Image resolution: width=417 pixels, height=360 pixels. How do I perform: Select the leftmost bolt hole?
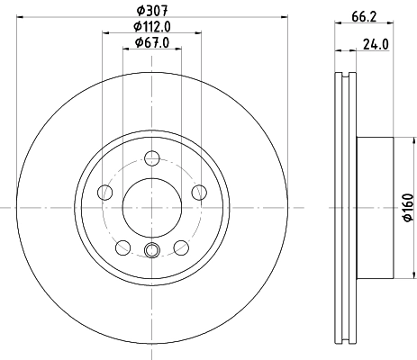[x=104, y=193]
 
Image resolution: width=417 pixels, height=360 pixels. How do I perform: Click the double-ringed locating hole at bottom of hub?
[x=151, y=250]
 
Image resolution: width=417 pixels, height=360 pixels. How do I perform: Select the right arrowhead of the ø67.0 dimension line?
[x=177, y=49]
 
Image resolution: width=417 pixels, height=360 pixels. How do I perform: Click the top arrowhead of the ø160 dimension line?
[x=394, y=141]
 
